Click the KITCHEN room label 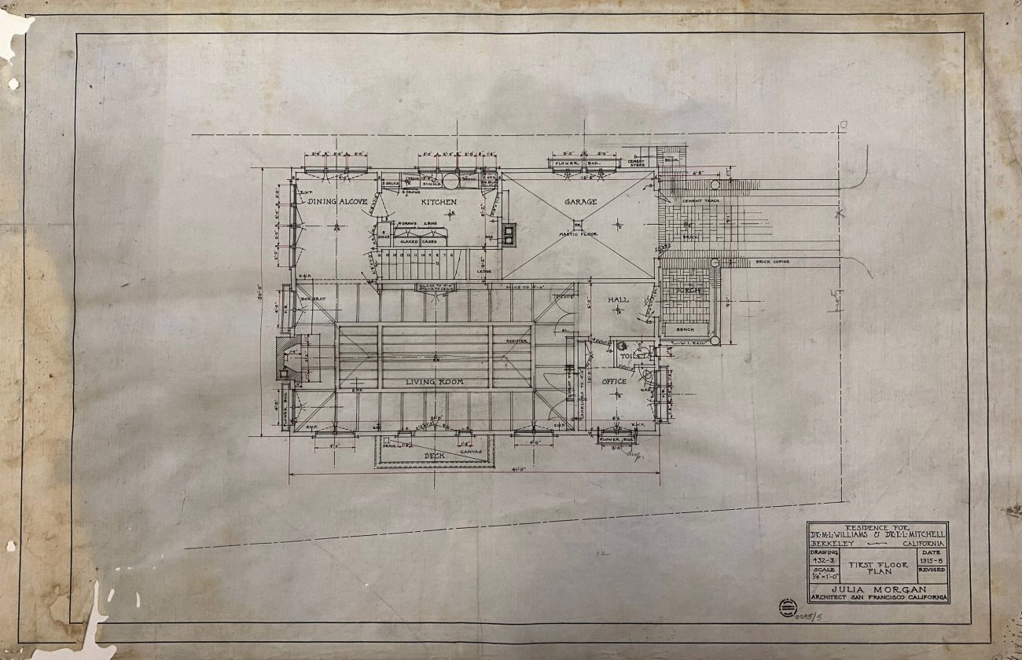[x=438, y=202]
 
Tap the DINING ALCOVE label [x=337, y=202]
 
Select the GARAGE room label [x=580, y=202]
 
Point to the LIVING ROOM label [x=434, y=382]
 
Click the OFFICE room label [x=614, y=382]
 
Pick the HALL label [x=618, y=299]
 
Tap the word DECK [x=435, y=455]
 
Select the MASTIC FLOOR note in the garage [x=579, y=233]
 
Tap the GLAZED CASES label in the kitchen [x=419, y=241]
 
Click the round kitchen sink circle [x=451, y=181]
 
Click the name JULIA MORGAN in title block [x=877, y=589]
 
